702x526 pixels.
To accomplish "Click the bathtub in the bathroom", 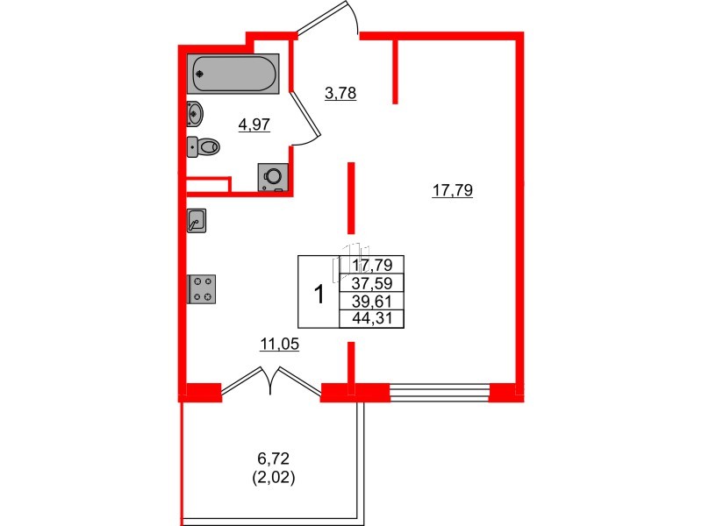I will (x=233, y=74).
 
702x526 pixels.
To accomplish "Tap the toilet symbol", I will (x=204, y=147).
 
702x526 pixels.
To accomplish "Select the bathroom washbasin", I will (x=196, y=113).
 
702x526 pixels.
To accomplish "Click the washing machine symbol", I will (x=274, y=176).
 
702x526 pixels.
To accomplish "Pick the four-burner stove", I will (x=203, y=289).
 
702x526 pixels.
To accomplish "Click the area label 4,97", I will (x=254, y=124).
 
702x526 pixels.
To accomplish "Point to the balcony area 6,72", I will (x=274, y=458).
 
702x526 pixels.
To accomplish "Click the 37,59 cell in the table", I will (x=372, y=282).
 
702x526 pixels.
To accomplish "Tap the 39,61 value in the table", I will (x=372, y=301).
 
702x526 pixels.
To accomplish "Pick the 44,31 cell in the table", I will (x=372, y=318).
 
